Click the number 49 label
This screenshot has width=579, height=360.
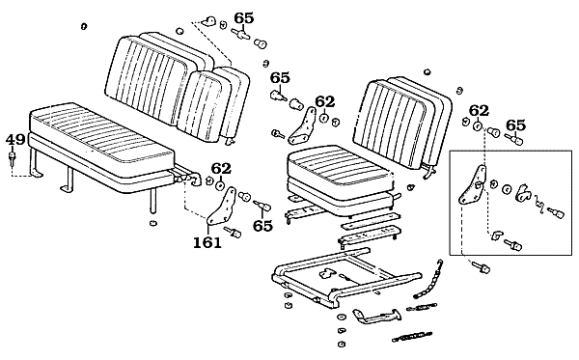tap(15, 140)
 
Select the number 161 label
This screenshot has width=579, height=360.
tap(207, 242)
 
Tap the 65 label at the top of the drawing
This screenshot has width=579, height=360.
tap(244, 18)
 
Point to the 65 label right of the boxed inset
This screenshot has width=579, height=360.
tap(515, 125)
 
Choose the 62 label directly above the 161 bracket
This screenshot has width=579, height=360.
tap(221, 169)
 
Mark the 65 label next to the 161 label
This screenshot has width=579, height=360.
tap(262, 226)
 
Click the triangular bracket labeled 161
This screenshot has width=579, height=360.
tap(222, 206)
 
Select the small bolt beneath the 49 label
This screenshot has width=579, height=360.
tap(13, 157)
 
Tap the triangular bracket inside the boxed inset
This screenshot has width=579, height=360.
tap(473, 185)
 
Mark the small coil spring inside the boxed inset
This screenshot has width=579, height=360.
tap(538, 205)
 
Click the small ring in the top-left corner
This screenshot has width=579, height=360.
tap(84, 26)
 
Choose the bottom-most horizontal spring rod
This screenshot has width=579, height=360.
tap(412, 337)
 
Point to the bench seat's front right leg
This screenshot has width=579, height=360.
tap(152, 200)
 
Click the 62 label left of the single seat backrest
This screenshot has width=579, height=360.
tap(325, 101)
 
